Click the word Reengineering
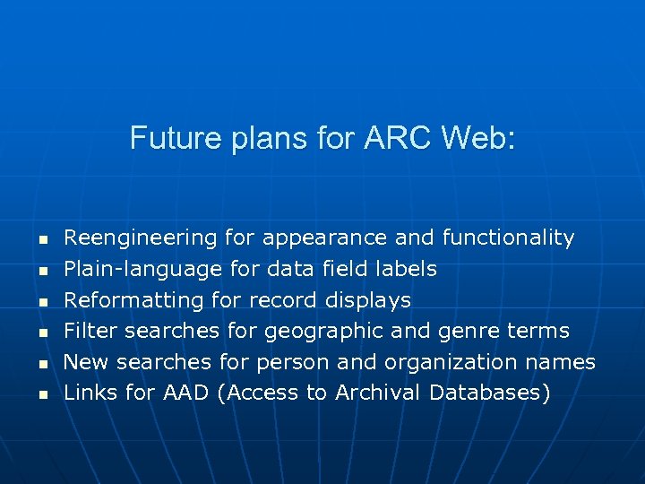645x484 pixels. [141, 238]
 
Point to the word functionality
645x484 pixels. [508, 238]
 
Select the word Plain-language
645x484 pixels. [143, 270]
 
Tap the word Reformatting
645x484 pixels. [134, 300]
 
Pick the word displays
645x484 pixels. [368, 300]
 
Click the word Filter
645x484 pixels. [91, 331]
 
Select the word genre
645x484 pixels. [467, 332]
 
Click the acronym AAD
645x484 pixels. [185, 393]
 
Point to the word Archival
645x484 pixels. [379, 393]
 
